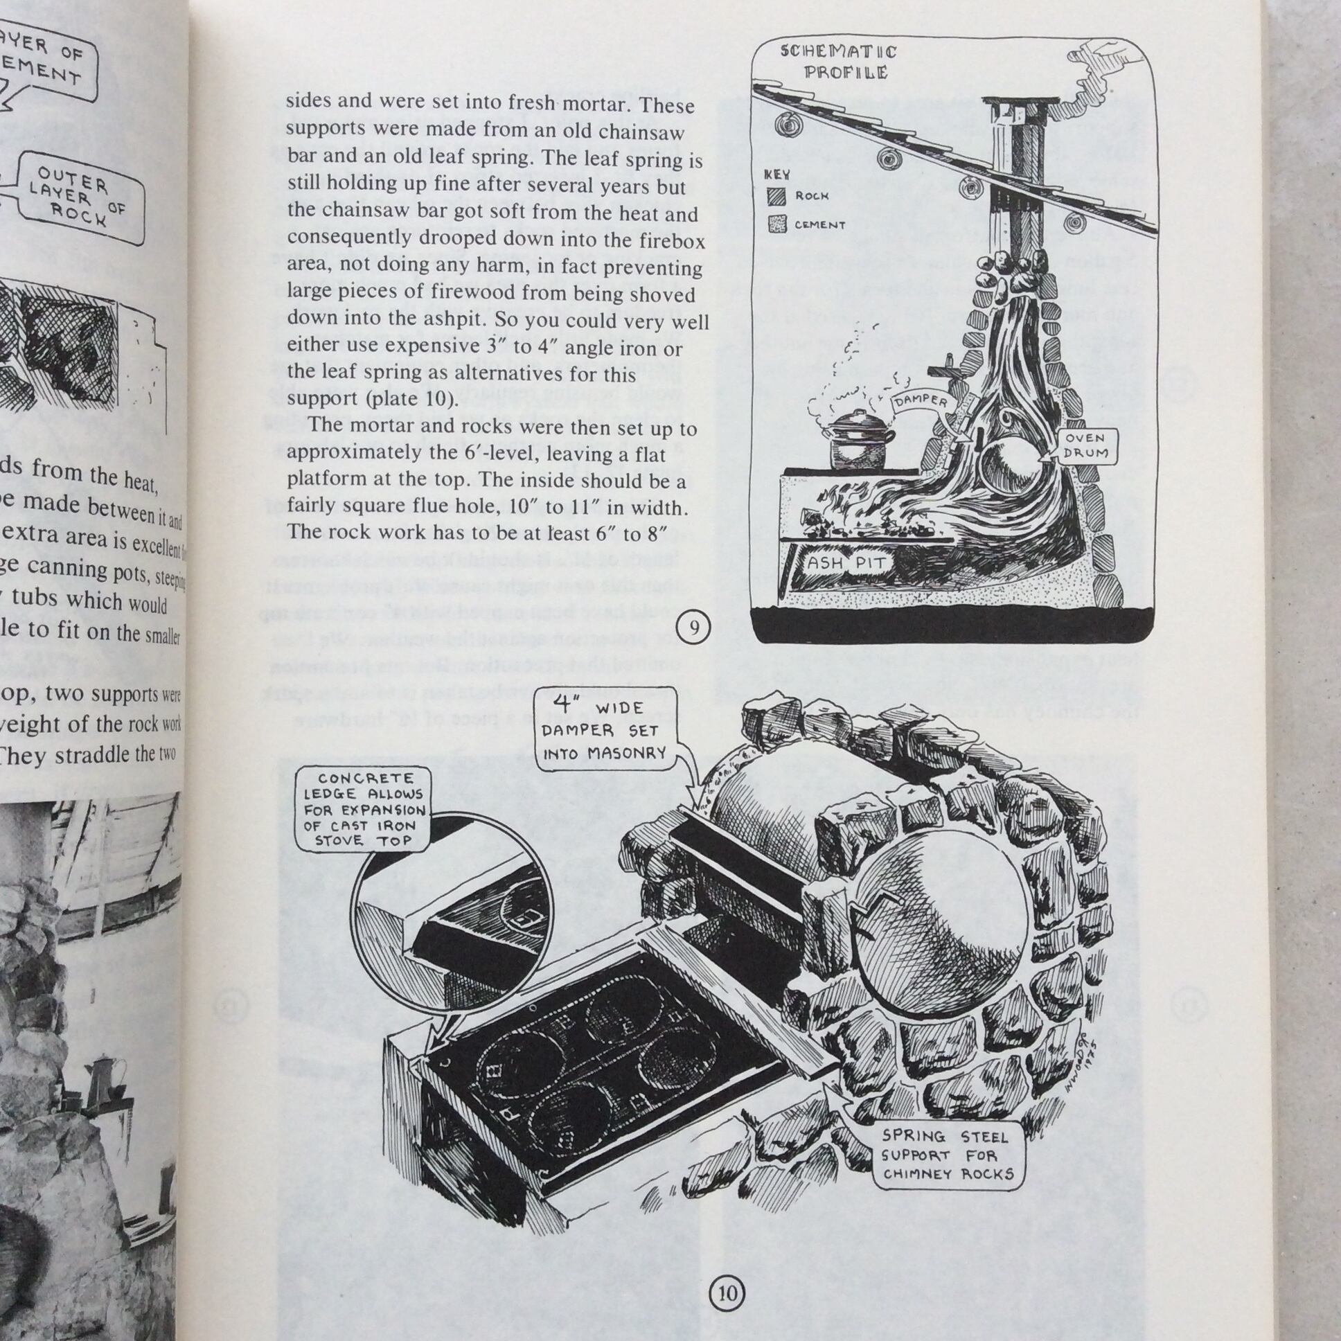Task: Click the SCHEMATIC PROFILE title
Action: click(x=837, y=62)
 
